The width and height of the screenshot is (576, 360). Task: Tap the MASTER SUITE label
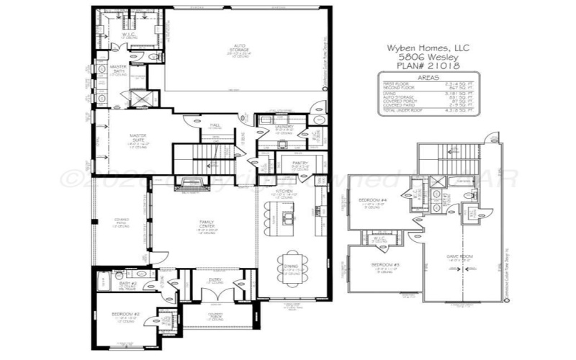coord(138,136)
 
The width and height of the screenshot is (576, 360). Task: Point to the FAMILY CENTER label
coord(207,225)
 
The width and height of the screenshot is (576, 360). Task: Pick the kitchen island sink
coord(289,214)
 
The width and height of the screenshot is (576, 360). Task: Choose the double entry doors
coord(217,294)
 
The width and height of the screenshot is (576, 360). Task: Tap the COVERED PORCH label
coord(215,315)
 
